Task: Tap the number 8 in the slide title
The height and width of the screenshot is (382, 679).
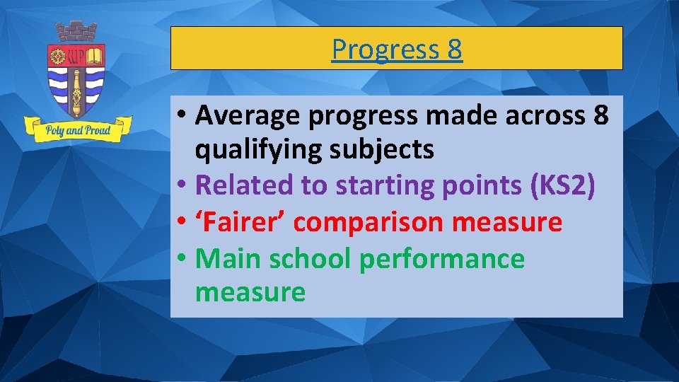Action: pos(454,50)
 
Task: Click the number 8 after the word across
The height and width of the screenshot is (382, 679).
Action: pos(597,116)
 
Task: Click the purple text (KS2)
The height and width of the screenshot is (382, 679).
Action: pos(562,185)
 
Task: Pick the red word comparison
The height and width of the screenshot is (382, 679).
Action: pos(368,222)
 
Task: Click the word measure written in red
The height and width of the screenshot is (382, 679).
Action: pos(507,222)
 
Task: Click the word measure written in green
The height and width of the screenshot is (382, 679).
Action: pos(250,292)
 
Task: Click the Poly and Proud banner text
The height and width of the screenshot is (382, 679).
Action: pos(78,130)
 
